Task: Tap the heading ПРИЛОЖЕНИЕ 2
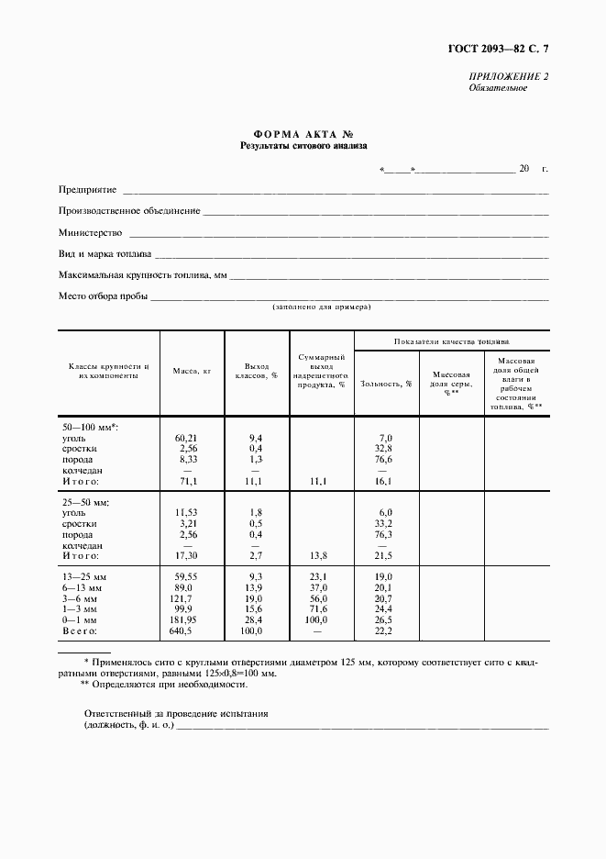pyautogui.click(x=509, y=77)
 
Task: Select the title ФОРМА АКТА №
pyautogui.click(x=303, y=133)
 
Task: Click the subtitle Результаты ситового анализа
pyautogui.click(x=303, y=145)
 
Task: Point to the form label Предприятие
pyautogui.click(x=87, y=190)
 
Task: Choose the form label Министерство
pyautogui.click(x=90, y=232)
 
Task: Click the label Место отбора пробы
pyautogui.click(x=103, y=296)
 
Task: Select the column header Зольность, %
pyautogui.click(x=386, y=383)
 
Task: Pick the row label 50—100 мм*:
pyautogui.click(x=91, y=428)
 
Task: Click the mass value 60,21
pyautogui.click(x=187, y=438)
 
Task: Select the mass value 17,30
pyautogui.click(x=187, y=556)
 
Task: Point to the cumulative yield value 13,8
pyautogui.click(x=320, y=556)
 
